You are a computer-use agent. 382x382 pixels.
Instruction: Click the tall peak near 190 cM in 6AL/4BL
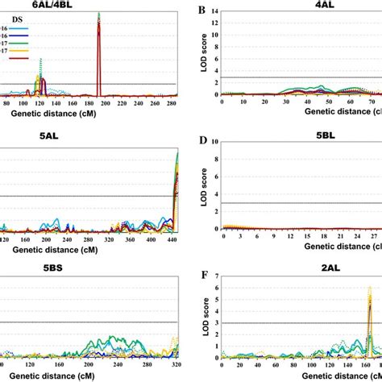(99, 24)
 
